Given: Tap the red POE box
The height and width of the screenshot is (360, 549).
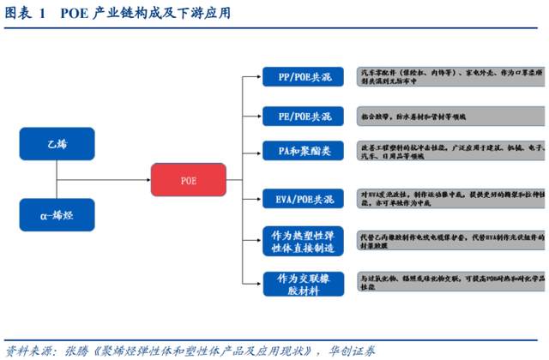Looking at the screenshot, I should [189, 181].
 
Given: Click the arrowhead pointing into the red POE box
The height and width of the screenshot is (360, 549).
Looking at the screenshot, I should [147, 181].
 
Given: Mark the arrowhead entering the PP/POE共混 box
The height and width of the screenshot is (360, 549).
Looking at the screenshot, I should [260, 77].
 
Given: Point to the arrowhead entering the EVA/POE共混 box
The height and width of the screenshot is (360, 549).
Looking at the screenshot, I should [260, 199].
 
